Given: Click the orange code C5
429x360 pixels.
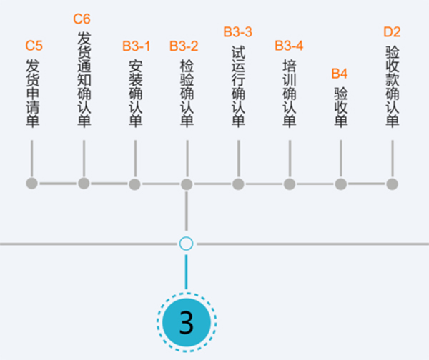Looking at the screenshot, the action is (34, 46).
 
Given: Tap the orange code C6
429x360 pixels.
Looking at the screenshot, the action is (82, 19).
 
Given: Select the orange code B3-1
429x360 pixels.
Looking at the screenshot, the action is (137, 46).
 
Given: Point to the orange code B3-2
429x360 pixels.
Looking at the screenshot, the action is (184, 46).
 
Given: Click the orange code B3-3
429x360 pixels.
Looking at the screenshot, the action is (238, 31).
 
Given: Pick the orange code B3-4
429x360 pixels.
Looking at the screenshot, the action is (289, 46).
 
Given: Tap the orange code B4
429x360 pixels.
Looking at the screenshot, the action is (339, 74).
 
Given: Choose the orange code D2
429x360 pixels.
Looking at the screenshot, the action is (392, 31).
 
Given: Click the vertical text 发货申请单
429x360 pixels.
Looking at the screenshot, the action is (33, 93).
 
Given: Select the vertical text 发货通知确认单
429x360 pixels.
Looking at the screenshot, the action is (84, 79).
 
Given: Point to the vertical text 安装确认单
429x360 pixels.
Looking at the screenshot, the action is (135, 94).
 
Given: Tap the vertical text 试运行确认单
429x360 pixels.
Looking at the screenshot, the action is (238, 86).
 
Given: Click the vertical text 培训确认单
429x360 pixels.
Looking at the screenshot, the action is (290, 94).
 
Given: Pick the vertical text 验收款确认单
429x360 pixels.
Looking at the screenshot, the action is (393, 86).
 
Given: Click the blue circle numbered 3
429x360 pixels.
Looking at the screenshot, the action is (187, 322).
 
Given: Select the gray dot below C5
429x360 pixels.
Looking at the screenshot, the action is (31, 183).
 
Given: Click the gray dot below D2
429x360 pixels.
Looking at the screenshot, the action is (392, 184).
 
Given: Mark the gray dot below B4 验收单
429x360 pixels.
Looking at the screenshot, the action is (341, 184).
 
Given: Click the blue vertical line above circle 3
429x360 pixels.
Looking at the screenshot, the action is (187, 272).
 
